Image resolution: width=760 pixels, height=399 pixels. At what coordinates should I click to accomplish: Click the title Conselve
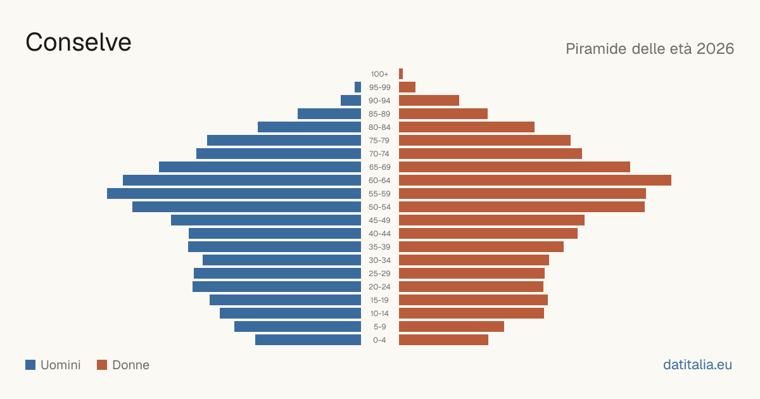pos(79,42)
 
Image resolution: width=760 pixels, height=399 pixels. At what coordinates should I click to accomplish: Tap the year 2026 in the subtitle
pos(715,49)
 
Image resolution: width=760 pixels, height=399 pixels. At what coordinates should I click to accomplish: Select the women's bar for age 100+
pos(401,74)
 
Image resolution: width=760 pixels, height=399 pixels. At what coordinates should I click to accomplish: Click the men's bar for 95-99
pos(358,87)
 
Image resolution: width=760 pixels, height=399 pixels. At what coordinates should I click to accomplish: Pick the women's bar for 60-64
pos(535,180)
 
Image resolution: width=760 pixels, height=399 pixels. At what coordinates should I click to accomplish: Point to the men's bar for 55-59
pos(234,193)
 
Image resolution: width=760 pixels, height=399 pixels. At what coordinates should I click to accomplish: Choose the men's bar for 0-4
pos(308,340)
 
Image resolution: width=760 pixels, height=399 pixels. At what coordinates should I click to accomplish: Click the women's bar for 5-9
pos(452,327)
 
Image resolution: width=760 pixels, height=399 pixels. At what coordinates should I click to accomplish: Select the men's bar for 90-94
pos(351,101)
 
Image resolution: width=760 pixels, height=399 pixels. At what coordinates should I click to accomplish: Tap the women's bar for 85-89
pos(443,113)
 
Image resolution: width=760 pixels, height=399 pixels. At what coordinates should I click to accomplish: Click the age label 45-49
pos(379,220)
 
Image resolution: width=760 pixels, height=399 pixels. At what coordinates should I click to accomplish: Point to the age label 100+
pos(379,74)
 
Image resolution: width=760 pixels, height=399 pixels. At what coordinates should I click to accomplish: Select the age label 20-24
pos(379,287)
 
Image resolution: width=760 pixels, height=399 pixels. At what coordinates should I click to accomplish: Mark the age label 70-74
pos(379,154)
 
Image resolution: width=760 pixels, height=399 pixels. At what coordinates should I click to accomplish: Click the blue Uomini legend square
pos(30,365)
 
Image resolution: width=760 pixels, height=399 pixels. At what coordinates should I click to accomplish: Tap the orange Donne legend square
pos(102,365)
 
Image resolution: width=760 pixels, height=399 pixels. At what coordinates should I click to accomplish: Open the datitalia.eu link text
pos(697,365)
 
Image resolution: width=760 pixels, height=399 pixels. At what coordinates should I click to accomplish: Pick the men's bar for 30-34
pos(282,260)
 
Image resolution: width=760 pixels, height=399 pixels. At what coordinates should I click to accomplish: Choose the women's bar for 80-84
pos(467,127)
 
